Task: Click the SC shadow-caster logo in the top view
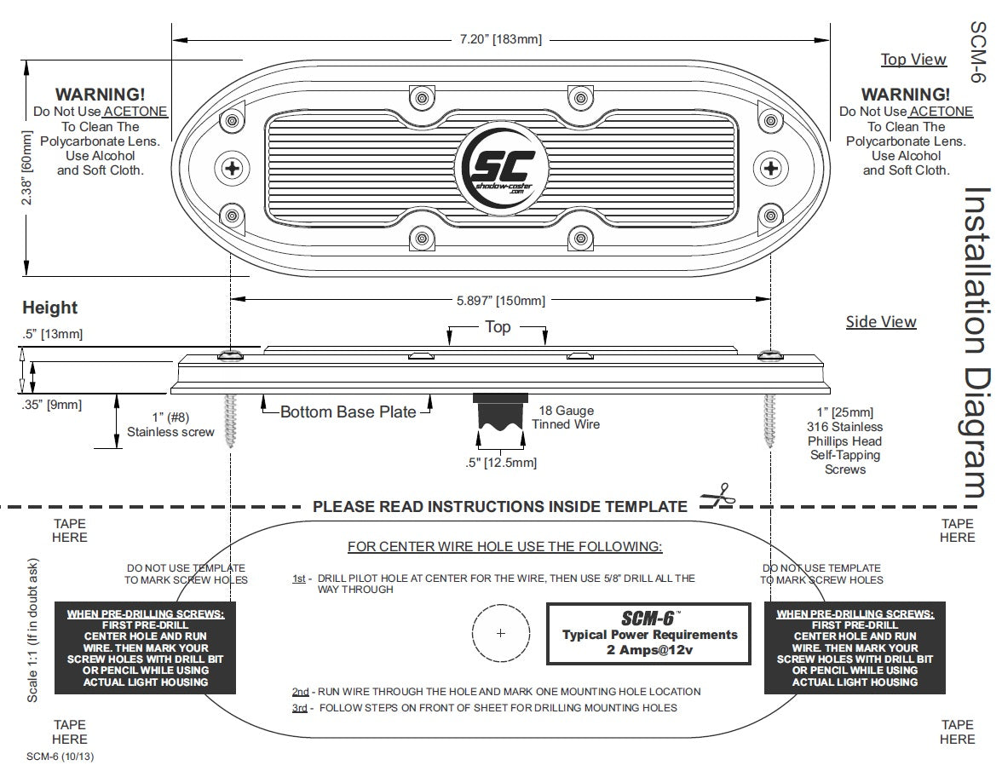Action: pyautogui.click(x=499, y=167)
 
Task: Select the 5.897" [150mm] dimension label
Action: pyautogui.click(x=501, y=300)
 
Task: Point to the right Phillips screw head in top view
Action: pyautogui.click(x=772, y=167)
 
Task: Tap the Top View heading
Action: pyautogui.click(x=913, y=60)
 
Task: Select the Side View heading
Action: pyautogui.click(x=881, y=322)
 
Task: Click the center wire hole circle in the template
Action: pyautogui.click(x=500, y=633)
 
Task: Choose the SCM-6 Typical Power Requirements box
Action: pyautogui.click(x=649, y=634)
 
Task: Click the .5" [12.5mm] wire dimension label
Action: pyautogui.click(x=501, y=463)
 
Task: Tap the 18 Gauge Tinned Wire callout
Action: pyautogui.click(x=566, y=417)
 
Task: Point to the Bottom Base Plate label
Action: pyautogui.click(x=348, y=412)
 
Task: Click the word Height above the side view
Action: pyautogui.click(x=49, y=308)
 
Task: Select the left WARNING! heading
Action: pyautogui.click(x=100, y=95)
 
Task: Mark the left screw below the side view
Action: pyautogui.click(x=230, y=419)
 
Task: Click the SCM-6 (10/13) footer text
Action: pyautogui.click(x=55, y=756)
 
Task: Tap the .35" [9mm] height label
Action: pyautogui.click(x=53, y=405)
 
